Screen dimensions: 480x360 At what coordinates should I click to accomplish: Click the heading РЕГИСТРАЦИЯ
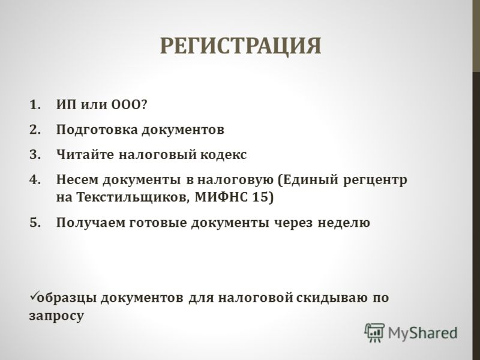[241, 47]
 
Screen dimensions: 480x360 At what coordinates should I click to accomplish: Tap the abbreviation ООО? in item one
[129, 104]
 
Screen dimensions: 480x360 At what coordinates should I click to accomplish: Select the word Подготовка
[97, 130]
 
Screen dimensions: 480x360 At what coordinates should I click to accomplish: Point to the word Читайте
[85, 154]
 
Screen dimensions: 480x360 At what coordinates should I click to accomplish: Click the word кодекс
[223, 154]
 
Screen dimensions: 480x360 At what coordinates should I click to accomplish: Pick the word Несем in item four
[77, 179]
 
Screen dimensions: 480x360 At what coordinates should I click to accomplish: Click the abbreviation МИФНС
[221, 197]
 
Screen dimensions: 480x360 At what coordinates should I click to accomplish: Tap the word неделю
[344, 223]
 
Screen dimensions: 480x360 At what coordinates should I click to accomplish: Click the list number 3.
[35, 154]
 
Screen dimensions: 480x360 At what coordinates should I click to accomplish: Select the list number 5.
[35, 223]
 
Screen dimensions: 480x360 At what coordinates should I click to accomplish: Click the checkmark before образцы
[33, 295]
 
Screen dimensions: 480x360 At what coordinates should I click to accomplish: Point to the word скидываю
[332, 298]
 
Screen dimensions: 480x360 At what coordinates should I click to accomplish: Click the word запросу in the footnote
[56, 316]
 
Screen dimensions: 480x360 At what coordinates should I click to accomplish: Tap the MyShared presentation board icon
[374, 332]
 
